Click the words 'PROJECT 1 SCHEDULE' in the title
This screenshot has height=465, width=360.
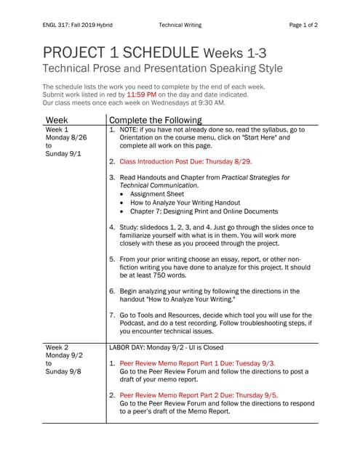coord(121,52)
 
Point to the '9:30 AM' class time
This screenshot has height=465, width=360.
coord(211,102)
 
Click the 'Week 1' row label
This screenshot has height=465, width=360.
coord(58,129)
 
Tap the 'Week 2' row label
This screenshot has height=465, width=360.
coord(58,347)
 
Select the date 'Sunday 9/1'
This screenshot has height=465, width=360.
coord(64,153)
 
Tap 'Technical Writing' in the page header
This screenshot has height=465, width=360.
coord(180,25)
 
